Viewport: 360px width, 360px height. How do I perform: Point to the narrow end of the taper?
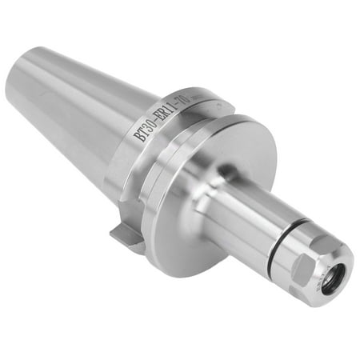(20, 88)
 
